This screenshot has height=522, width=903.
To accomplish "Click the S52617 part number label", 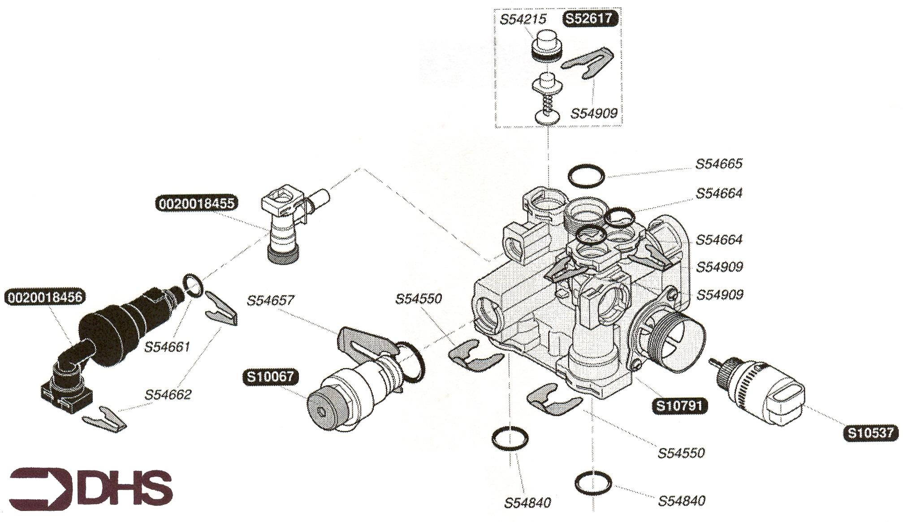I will (x=590, y=19).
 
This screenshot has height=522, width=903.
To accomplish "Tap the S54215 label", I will (x=523, y=19).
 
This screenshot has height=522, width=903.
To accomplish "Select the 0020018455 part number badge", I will (x=197, y=203).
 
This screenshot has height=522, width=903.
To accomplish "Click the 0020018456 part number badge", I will (x=45, y=297).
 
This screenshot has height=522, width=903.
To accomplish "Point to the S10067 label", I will (x=270, y=376).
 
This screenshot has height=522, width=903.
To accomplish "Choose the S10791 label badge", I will (x=679, y=406).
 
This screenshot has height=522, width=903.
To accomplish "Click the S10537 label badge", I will (x=871, y=433).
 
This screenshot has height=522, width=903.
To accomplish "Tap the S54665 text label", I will (x=719, y=164).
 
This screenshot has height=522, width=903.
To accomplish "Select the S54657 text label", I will (x=270, y=300).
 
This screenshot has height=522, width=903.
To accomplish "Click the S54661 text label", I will (x=167, y=347).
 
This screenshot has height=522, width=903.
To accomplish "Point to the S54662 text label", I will (x=168, y=395).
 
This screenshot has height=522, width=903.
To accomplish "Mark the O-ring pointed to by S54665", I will (x=586, y=175).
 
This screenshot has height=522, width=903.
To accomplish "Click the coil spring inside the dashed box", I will (x=547, y=106).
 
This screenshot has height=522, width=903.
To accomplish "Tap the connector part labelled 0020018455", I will (x=285, y=224).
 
